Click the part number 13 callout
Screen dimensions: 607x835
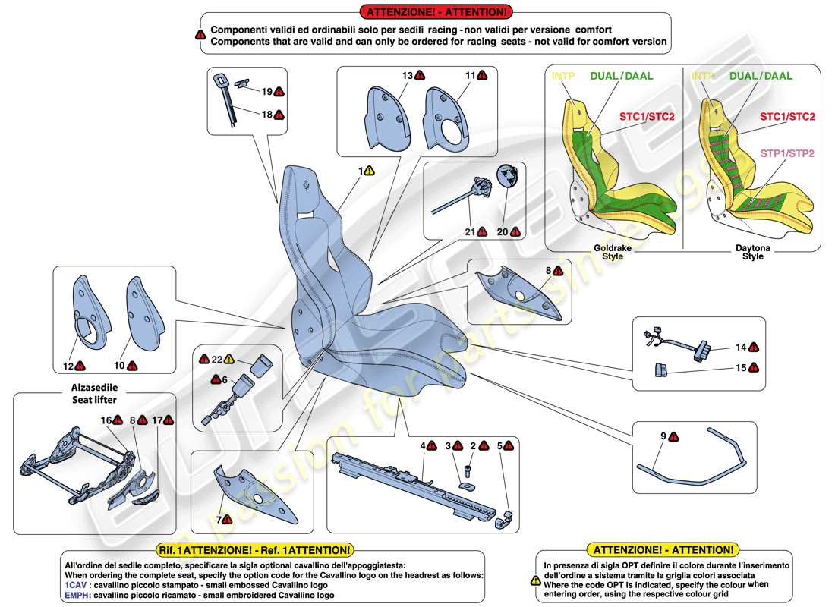pyautogui.click(x=407, y=75)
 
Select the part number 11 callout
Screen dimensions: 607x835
pyautogui.click(x=470, y=75)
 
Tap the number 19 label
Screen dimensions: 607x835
pyautogui.click(x=266, y=91)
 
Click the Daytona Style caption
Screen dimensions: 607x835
pyautogui.click(x=750, y=252)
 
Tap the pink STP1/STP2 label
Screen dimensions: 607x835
pyautogui.click(x=787, y=153)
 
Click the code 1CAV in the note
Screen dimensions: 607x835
pyautogui.click(x=75, y=585)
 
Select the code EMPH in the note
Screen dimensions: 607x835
pyautogui.click(x=77, y=595)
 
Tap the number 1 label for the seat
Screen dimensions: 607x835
pyautogui.click(x=361, y=171)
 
